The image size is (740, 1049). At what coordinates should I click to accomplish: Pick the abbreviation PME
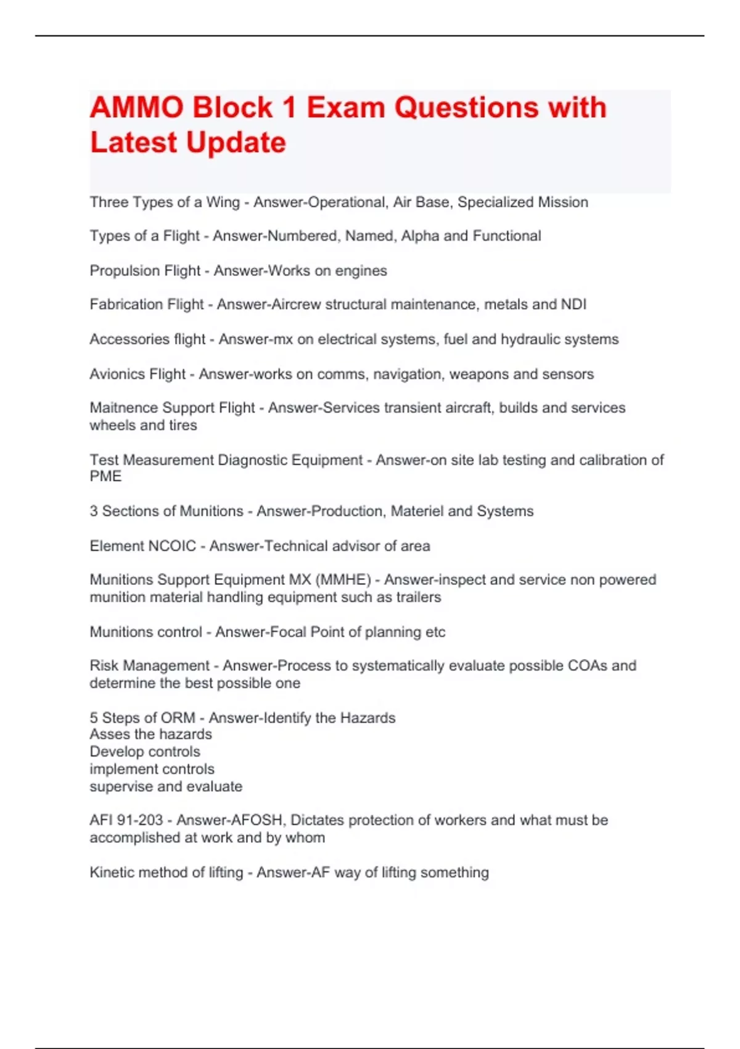(x=105, y=476)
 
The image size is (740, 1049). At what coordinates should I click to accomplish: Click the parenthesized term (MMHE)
(x=342, y=580)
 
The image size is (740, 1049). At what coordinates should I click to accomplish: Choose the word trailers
(x=419, y=597)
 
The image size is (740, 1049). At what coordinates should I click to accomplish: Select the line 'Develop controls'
(x=145, y=752)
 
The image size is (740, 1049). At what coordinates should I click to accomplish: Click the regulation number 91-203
(x=139, y=820)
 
